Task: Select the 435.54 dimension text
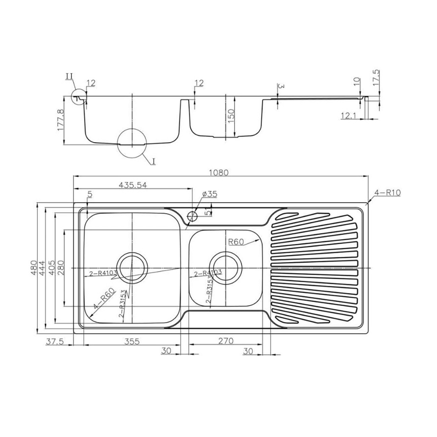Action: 133,185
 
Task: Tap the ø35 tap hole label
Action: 209,194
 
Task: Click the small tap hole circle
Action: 193,215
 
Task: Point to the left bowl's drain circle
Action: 131,267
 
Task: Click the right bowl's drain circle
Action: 225,267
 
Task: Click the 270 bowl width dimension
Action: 225,341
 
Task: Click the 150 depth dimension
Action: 232,115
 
